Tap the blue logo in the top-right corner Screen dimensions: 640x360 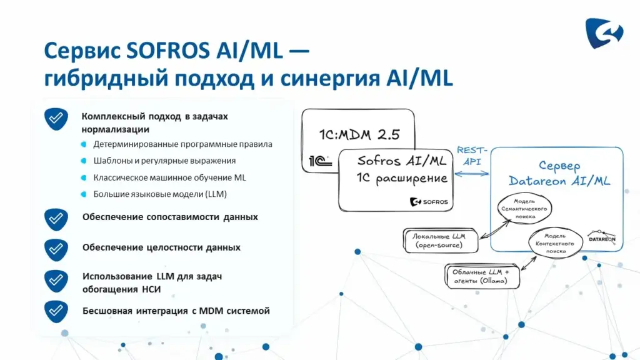coord(604,33)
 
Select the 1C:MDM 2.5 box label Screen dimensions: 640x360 coord(359,135)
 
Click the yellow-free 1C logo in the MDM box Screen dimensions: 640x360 coord(320,161)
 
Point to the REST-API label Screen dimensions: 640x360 coord(472,156)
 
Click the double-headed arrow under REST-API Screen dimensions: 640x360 coord(472,174)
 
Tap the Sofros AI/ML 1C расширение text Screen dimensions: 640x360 coord(402,169)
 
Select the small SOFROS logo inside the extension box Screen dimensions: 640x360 coord(429,202)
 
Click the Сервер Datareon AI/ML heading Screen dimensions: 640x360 coord(559,174)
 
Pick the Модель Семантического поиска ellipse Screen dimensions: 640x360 coord(524,209)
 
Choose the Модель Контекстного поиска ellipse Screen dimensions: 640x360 coord(556,243)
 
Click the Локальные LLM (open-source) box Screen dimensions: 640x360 coord(441,241)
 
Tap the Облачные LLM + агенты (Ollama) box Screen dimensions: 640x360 coord(482,276)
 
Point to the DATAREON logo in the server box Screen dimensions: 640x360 coord(602,236)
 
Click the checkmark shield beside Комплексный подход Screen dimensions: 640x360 coord(56,119)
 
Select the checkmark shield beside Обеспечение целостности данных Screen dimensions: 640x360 coord(56,249)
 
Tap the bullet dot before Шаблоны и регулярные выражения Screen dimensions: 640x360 coord(84,161)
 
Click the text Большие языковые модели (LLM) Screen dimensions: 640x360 coord(160,194)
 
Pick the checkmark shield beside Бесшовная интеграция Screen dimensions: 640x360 coord(56,312)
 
